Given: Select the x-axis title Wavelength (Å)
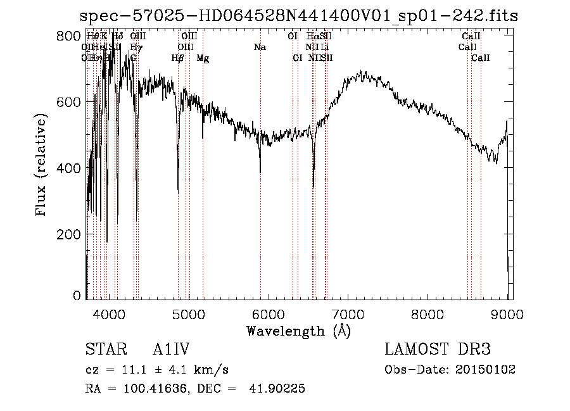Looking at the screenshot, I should pyautogui.click(x=298, y=330).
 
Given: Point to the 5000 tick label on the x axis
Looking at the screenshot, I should pyautogui.click(x=188, y=313).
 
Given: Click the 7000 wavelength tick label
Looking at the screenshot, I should pyautogui.click(x=348, y=313).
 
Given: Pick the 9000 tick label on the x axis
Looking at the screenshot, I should pyautogui.click(x=507, y=313).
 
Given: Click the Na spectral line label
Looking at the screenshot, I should pyautogui.click(x=260, y=47).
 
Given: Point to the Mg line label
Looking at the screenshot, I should pyautogui.click(x=203, y=58).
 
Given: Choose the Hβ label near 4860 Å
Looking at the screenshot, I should pyautogui.click(x=177, y=58).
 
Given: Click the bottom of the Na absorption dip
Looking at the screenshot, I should pyautogui.click(x=260, y=172).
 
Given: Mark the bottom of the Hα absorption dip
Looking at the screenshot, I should pyautogui.click(x=313, y=187).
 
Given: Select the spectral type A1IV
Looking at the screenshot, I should pyautogui.click(x=171, y=350).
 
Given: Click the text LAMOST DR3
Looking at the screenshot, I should pyautogui.click(x=437, y=350).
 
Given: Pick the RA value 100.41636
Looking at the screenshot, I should pyautogui.click(x=155, y=389).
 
